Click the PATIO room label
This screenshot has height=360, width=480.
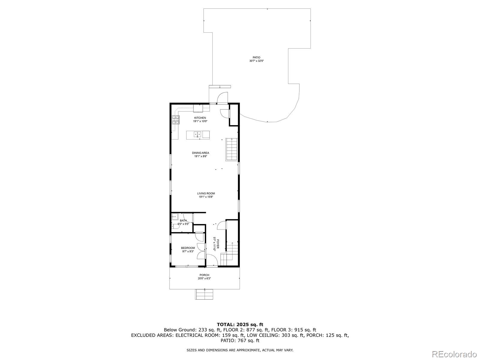[256, 58]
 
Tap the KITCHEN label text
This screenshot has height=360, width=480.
[200, 118]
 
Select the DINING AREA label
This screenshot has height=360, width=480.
[200, 153]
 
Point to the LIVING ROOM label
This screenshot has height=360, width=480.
[206, 193]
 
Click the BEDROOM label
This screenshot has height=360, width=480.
[188, 248]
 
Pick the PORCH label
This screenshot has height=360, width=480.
[205, 275]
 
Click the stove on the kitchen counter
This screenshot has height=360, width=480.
[175, 120]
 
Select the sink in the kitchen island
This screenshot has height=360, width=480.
[197, 134]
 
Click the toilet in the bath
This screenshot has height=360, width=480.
[175, 226]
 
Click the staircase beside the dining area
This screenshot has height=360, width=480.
[232, 149]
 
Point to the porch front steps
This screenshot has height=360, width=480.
[204, 294]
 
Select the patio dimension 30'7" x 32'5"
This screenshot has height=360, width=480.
[256, 61]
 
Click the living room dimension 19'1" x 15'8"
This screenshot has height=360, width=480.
[206, 197]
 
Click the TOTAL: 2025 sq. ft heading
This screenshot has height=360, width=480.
[240, 325]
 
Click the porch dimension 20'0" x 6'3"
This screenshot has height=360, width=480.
[204, 278]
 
